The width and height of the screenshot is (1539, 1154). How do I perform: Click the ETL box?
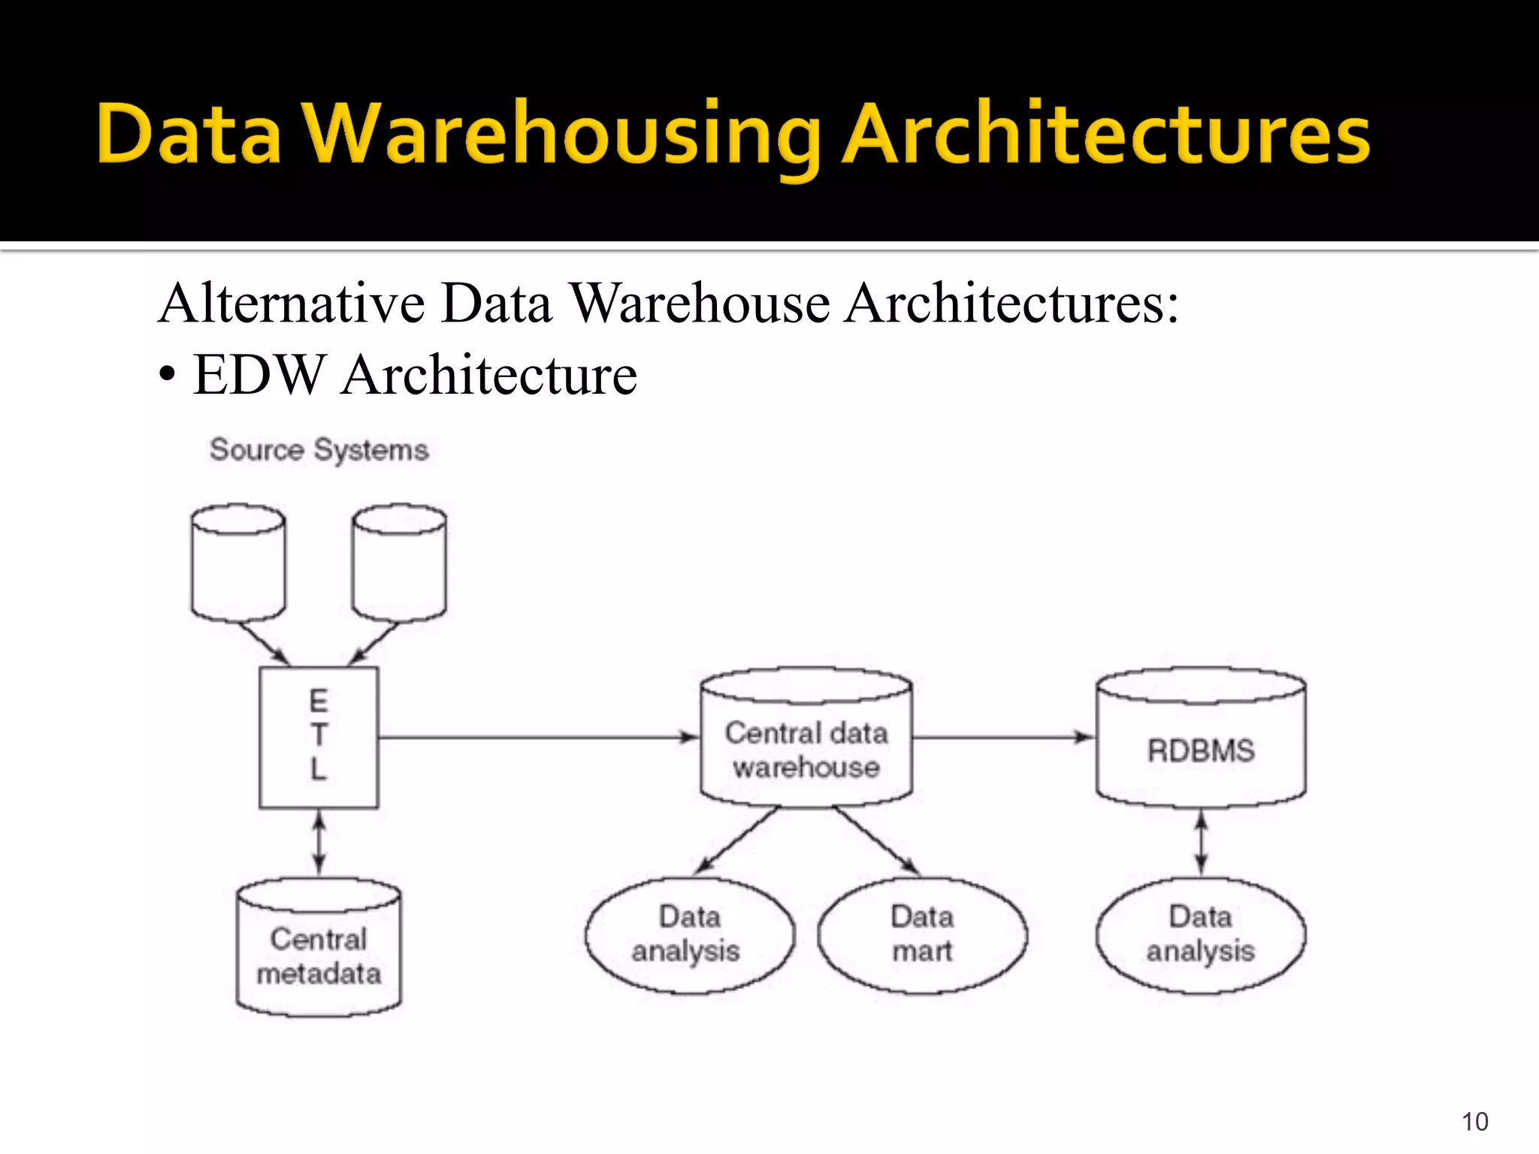point(319,737)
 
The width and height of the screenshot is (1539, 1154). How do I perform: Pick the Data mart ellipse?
point(922,935)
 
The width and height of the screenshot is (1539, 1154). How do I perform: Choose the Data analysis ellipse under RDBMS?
point(1200,935)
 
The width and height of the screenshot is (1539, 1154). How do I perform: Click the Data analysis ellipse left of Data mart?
point(688,935)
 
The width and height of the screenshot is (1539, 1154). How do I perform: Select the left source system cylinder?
point(238,563)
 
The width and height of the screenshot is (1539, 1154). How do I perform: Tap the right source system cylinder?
point(399,563)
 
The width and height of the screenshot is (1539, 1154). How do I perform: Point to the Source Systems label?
point(319,449)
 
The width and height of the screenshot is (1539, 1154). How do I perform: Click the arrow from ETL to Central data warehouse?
point(537,737)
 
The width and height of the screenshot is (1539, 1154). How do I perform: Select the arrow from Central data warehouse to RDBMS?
point(1003,737)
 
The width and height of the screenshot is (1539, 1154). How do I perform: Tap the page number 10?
point(1474,1121)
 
